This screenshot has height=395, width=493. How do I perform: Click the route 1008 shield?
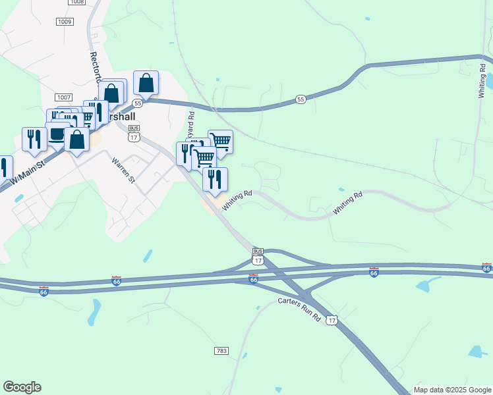tap(76, 3)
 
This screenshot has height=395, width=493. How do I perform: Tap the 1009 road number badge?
tap(64, 22)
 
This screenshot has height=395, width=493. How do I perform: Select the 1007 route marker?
tap(64, 97)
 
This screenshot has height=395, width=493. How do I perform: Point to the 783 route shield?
tap(221, 352)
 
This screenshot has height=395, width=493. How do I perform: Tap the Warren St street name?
tap(123, 170)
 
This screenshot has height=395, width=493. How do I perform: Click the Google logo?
tap(22, 387)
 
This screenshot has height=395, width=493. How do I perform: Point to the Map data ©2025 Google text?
tap(452, 390)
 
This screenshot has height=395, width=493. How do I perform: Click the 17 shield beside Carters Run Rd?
tap(332, 320)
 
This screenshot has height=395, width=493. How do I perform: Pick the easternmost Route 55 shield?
tap(301, 99)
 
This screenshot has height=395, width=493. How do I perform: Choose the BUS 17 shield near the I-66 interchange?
tap(258, 255)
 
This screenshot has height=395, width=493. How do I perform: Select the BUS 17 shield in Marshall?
tap(134, 133)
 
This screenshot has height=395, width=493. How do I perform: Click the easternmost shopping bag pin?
tap(146, 83)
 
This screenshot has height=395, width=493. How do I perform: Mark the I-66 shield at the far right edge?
tap(486, 268)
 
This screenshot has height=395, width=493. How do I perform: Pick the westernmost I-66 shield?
tap(43, 290)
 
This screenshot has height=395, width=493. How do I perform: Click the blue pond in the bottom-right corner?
tap(478, 351)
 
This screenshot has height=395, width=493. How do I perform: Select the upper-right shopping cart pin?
tap(220, 141)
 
